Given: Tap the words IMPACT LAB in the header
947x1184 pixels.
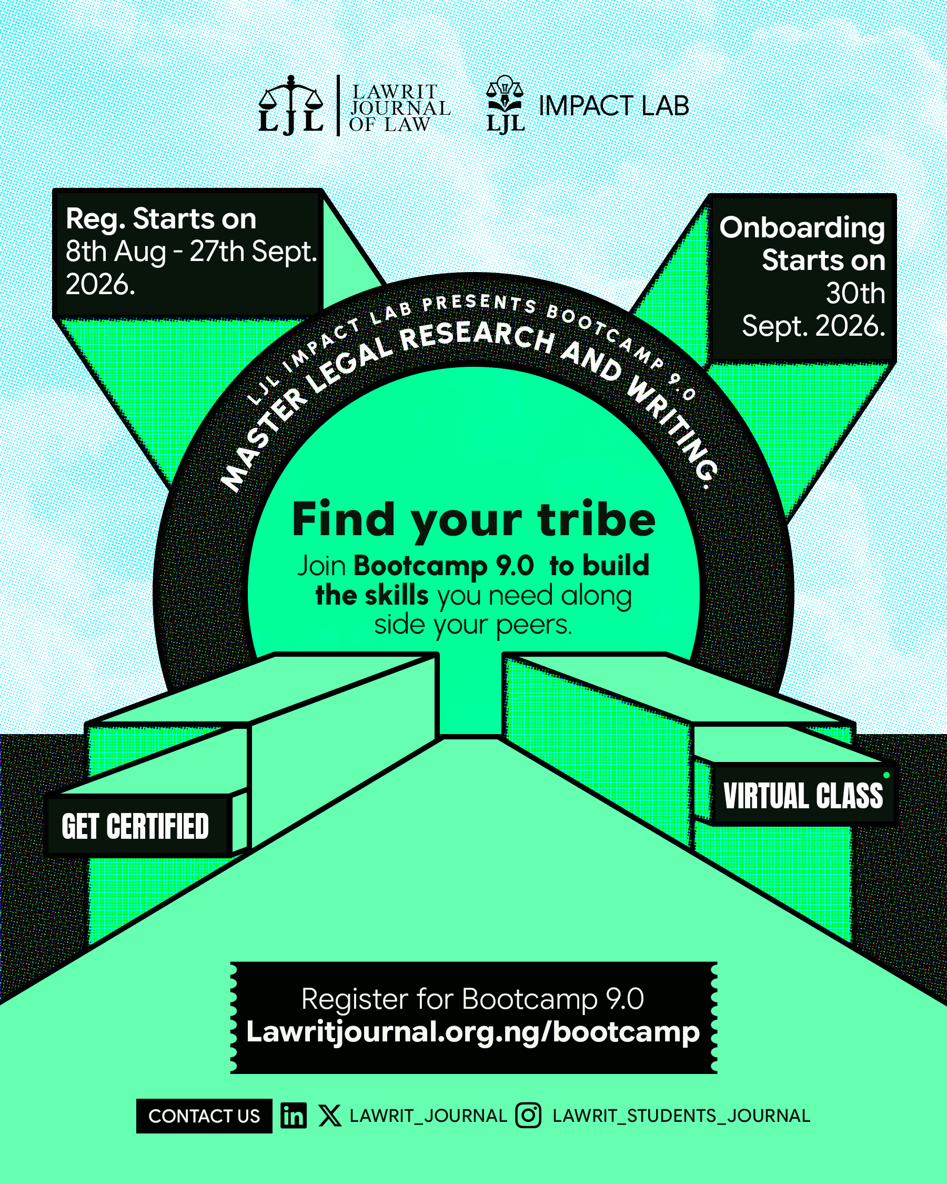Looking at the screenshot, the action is [x=614, y=106].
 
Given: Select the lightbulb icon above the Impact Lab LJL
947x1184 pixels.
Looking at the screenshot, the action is [x=505, y=86].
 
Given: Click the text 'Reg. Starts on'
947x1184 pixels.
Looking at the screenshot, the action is [x=161, y=219].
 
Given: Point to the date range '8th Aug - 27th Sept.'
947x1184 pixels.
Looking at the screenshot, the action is [x=191, y=252].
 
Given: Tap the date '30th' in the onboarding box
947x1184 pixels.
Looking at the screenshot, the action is [x=855, y=293].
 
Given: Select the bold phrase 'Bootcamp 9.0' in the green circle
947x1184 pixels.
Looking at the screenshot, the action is [x=444, y=565].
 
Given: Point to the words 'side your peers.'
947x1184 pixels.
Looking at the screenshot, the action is [x=473, y=625].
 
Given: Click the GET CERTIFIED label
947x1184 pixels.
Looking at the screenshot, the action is [x=136, y=827].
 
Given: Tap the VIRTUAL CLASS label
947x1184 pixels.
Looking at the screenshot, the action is [x=803, y=796].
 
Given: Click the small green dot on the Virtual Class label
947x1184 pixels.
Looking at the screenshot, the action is [x=886, y=776].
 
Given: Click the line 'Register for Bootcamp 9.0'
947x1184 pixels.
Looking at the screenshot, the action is [x=472, y=999].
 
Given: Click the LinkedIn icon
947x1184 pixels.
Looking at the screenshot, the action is [x=294, y=1116].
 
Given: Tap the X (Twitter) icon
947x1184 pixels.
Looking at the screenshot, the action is [x=329, y=1116].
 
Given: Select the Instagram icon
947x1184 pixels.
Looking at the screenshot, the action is [x=528, y=1116].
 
